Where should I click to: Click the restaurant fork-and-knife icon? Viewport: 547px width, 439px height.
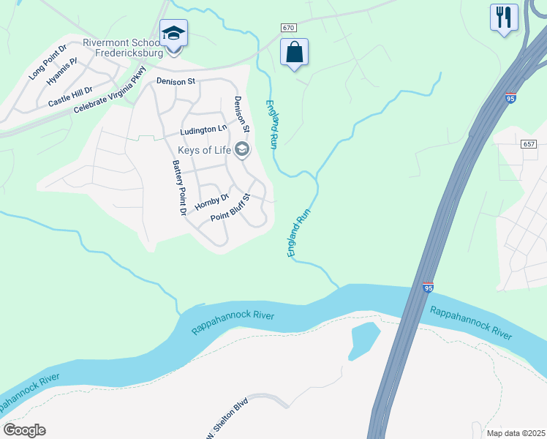click(x=504, y=18)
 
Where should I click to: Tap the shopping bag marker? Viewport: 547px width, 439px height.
click(x=294, y=53)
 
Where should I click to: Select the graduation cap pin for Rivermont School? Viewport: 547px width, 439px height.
click(x=173, y=34)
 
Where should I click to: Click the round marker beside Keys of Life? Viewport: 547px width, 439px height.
click(x=242, y=151)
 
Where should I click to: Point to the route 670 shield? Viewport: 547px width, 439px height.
click(x=288, y=28)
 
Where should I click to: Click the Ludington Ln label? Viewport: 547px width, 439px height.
click(x=203, y=130)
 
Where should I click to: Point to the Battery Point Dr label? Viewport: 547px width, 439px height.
click(x=178, y=188)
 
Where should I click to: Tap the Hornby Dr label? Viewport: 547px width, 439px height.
click(x=212, y=201)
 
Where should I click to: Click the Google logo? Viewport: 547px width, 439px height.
click(x=25, y=429)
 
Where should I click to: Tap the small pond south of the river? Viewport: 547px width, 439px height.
click(x=363, y=339)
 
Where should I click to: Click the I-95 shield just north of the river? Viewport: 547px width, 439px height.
click(x=428, y=288)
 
